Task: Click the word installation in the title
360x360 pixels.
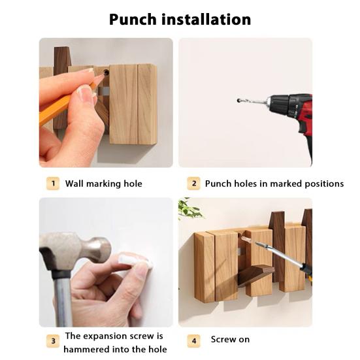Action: point(207,19)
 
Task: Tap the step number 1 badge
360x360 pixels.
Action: point(52,184)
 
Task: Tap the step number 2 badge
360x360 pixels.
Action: point(193,184)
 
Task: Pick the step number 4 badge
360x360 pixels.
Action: point(193,340)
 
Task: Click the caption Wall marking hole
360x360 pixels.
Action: point(103,184)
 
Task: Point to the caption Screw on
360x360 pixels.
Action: point(230,340)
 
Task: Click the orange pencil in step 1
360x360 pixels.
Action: point(56,111)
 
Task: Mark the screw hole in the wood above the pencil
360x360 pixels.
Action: point(105,73)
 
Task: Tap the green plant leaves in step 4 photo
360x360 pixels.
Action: point(189,209)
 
